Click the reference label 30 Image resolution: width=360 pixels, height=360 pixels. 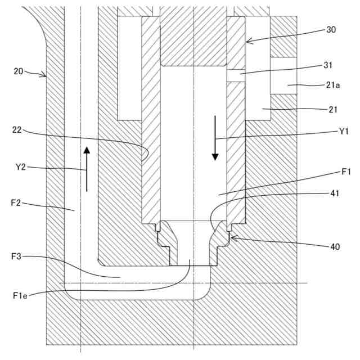point(330,30)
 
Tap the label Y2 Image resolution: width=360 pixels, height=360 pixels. point(21,167)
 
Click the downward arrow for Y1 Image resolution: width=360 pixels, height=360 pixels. point(215,138)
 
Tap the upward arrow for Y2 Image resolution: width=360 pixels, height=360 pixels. point(87,168)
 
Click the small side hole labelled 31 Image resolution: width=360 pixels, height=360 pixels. point(236,75)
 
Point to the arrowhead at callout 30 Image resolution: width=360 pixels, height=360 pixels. point(247,41)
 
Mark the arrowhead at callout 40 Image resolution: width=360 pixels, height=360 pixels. point(232,238)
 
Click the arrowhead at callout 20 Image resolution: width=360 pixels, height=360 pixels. point(46,76)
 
